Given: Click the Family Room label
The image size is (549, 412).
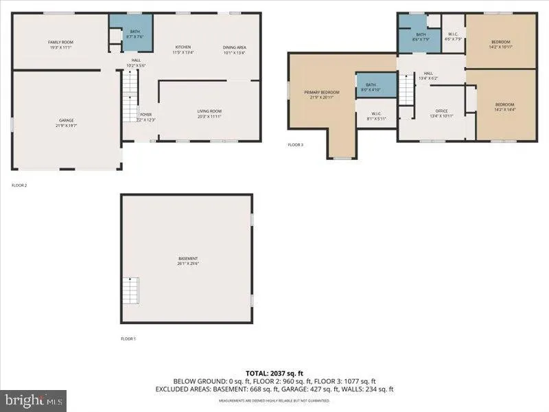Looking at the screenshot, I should tap(60, 45).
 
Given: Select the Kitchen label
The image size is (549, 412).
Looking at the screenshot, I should tap(183, 49).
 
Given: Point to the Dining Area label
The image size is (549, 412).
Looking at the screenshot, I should tap(234, 49).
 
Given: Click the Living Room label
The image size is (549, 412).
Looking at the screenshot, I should tap(209, 114).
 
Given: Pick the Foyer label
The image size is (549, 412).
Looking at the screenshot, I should tap(146, 117).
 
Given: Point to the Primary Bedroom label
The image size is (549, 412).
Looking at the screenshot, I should tap(322, 94).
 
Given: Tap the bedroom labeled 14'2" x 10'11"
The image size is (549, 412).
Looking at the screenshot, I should tap(500, 44).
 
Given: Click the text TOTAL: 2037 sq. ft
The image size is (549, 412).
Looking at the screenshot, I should tap(274, 373).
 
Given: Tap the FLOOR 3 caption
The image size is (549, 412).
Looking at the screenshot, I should tap(295, 145).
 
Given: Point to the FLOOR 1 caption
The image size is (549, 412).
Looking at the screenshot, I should tap(128, 339).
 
